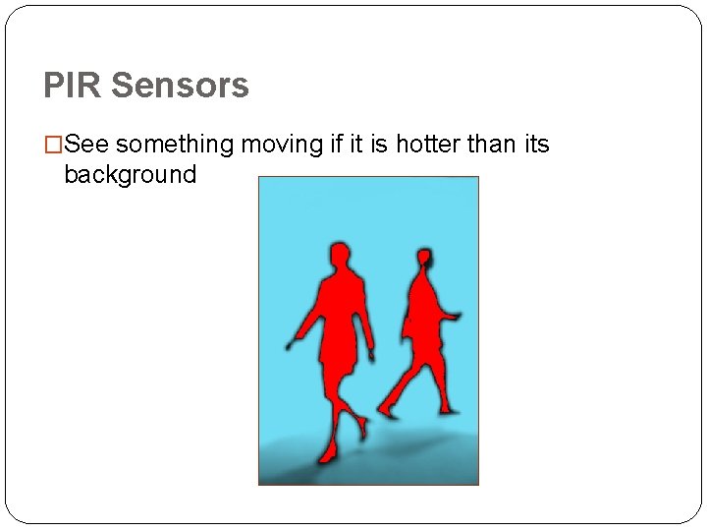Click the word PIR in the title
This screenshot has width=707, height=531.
(x=72, y=86)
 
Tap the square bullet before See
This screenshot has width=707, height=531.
(x=53, y=146)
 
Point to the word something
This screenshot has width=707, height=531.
(x=175, y=145)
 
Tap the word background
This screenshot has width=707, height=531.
(x=130, y=175)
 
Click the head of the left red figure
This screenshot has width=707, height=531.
(x=339, y=257)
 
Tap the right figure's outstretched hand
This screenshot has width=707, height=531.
(x=455, y=317)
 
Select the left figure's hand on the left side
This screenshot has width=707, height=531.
(x=292, y=345)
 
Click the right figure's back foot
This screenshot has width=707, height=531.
(x=386, y=411)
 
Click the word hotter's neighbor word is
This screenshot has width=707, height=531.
(x=380, y=145)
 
